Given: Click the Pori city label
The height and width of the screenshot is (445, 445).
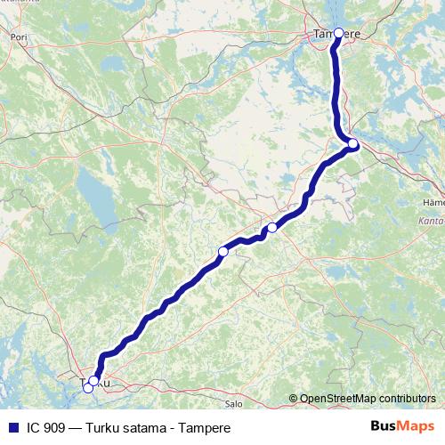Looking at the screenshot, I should pos(19,38).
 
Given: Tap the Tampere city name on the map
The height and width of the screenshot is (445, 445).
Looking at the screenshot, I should pos(336,35).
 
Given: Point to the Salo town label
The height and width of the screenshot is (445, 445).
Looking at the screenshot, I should pos(234,403).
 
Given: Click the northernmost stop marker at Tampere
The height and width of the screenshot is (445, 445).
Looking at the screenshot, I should pos(338,33).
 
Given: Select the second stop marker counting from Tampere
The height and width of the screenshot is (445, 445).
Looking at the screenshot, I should pos(353,143).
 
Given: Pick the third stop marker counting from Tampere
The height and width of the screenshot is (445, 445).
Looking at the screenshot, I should pos(272,228).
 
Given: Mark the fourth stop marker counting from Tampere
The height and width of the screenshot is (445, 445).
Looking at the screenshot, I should pos(223,252).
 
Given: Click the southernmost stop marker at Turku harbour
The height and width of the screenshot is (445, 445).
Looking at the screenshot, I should pos(87,388).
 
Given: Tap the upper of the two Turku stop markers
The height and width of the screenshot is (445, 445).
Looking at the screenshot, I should pos(93,381).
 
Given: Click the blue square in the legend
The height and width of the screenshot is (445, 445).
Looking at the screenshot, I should pos(12,427).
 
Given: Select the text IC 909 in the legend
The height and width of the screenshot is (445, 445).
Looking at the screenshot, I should pos(44,428).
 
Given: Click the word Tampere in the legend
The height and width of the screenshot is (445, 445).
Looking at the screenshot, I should pos(205,428).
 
